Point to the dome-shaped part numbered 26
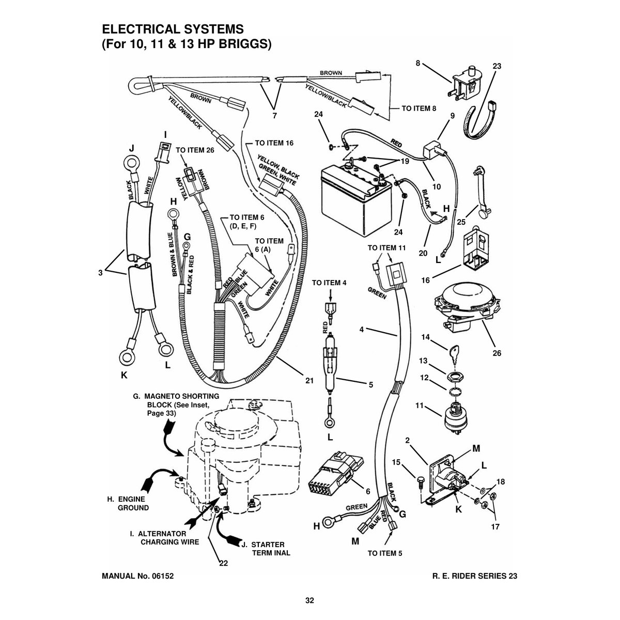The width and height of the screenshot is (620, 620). [466, 308]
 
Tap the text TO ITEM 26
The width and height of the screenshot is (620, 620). [195, 150]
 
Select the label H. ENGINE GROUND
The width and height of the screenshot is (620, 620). [128, 503]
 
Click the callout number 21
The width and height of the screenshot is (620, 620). [309, 381]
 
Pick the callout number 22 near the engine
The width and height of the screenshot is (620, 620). [223, 563]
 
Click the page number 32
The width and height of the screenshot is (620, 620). [309, 600]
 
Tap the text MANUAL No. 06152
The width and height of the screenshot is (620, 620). [138, 576]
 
